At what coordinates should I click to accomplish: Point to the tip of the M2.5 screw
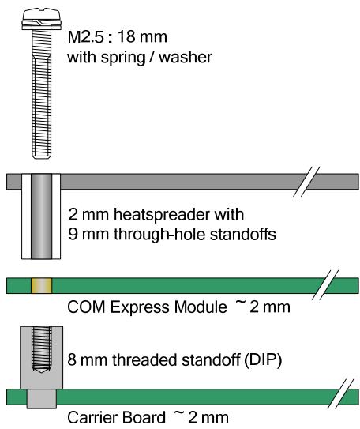coord(42,156)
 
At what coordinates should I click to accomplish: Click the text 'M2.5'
coord(86,36)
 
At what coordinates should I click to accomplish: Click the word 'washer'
coord(186,57)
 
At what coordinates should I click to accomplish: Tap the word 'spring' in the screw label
coord(123,58)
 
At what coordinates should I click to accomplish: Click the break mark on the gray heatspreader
coord(306,181)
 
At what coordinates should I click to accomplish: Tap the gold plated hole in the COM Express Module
coord(41,285)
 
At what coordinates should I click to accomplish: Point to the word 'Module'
coord(201,307)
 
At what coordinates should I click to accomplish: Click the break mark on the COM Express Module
coord(324,285)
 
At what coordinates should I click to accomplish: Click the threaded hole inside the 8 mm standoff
coord(42,350)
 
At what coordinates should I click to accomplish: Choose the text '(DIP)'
coord(262,360)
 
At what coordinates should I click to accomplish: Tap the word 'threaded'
coord(145,360)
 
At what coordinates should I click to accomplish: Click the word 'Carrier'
coord(92,417)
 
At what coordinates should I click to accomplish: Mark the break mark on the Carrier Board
coord(340,394)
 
